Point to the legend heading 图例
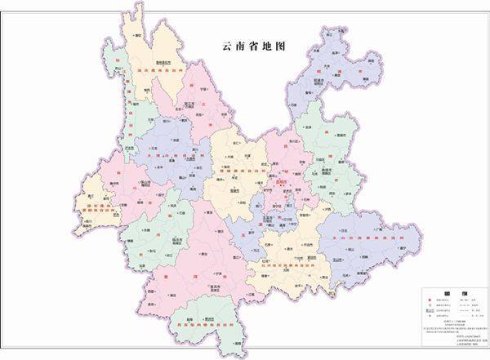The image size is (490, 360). point(447,292)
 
